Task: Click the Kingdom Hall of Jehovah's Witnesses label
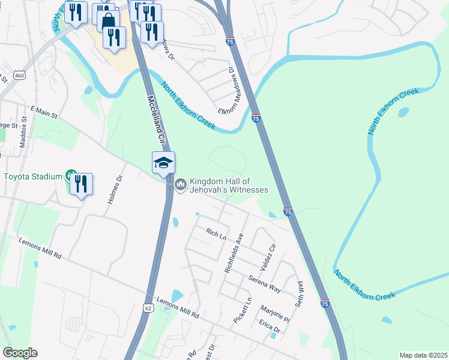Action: [x=229, y=185]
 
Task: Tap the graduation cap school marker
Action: [x=163, y=163]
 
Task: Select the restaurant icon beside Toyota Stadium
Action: [x=81, y=184]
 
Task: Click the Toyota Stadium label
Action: [x=33, y=176]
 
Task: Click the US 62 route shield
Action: [x=148, y=307]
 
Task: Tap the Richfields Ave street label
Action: [x=234, y=253]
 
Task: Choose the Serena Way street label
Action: [x=265, y=284]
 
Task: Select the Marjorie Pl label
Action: [x=276, y=312]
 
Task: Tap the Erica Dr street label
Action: [x=270, y=326]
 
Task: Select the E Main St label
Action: [x=43, y=113]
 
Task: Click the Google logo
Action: [x=20, y=353]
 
